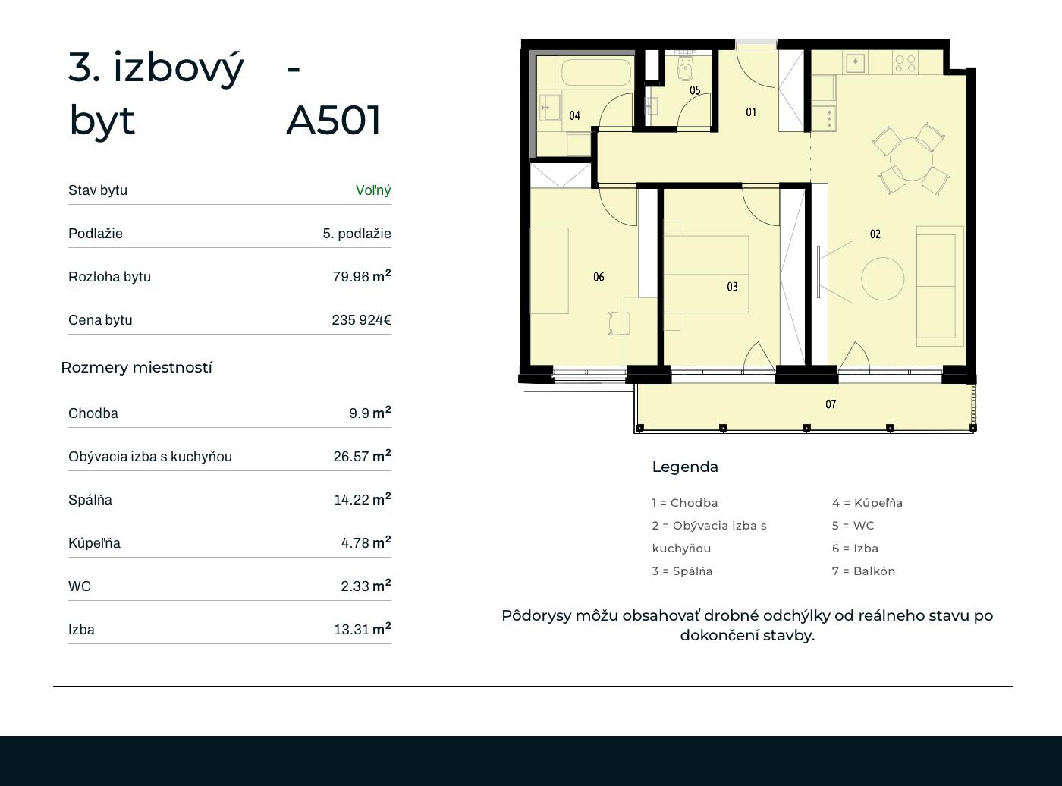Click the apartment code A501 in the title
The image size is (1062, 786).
point(333,120)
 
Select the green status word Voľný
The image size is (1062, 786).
point(373,190)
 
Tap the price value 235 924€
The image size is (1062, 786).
point(362,319)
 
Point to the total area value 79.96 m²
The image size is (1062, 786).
point(362,276)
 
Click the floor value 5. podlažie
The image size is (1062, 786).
point(357,233)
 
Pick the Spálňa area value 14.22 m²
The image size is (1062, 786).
point(362,499)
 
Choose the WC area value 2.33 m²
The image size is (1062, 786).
point(366,585)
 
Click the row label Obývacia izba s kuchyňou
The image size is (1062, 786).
point(150,457)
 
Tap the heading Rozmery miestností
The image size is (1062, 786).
point(137,367)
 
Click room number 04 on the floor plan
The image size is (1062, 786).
point(574,115)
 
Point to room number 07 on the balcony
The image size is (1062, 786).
point(831,404)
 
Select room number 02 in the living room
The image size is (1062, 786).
point(875,234)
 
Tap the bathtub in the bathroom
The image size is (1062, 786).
point(596,72)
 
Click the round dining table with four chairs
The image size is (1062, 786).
point(911,159)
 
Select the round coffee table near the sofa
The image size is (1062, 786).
point(882,278)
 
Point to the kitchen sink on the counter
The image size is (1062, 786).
point(855,61)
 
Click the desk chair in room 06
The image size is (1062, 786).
point(619,323)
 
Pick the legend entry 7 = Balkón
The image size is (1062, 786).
point(863,571)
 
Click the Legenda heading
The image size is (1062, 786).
point(685,467)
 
